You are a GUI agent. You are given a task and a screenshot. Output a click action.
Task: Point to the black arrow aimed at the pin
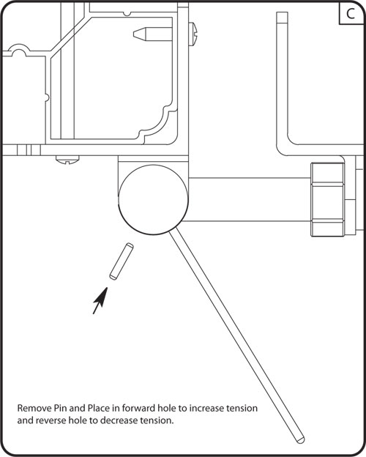point(100,300)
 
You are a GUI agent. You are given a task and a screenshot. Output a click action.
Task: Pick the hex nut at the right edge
point(327,200)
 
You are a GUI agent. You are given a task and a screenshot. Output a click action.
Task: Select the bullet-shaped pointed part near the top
point(147,34)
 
